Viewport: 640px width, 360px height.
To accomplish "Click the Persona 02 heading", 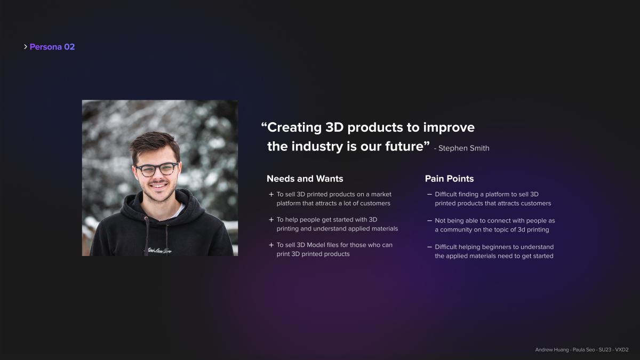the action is [52, 46].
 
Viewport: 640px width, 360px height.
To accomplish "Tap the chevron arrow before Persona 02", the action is [26, 46].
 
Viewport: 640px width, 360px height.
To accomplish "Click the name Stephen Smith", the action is [463, 148].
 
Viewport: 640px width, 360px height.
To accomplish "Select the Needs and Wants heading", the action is [305, 179].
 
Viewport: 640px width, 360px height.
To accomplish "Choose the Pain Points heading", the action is [449, 179].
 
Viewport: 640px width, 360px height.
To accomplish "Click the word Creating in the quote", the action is [294, 127].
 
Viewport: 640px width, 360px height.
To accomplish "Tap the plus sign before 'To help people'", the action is [271, 220].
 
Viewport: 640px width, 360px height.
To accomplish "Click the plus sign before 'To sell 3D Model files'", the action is [271, 245].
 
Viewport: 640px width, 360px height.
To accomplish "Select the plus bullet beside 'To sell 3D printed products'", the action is [271, 195].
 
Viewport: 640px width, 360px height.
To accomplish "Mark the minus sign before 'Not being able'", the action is [429, 221].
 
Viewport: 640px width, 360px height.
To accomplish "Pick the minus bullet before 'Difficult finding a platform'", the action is [429, 194].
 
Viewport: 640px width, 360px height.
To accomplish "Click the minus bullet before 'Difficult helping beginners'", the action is [429, 247].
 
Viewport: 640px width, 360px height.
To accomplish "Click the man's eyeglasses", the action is [157, 169].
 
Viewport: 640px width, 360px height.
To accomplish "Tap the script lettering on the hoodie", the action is [159, 251].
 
